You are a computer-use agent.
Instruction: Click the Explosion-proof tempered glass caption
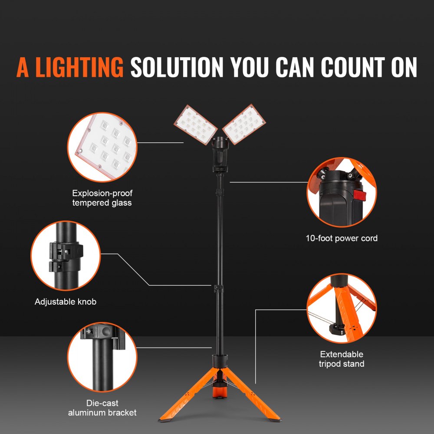pos(102,198)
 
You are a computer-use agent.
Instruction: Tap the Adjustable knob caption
pos(66,301)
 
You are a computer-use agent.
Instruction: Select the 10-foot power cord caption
pos(342,238)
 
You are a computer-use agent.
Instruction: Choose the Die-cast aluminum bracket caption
pos(102,408)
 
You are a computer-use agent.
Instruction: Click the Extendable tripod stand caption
pos(342,359)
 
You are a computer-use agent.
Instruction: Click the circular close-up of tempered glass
pos(102,148)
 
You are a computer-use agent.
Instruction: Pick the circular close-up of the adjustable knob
pos(66,256)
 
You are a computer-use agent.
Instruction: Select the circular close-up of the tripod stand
pos(342,308)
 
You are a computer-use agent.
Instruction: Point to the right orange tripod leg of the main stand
pos(256,397)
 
